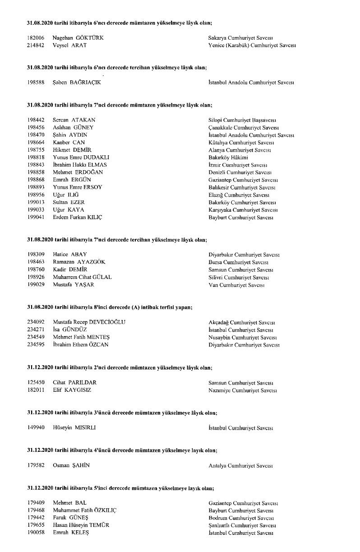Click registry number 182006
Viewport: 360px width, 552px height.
point(36,38)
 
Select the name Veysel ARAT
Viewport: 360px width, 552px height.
point(69,46)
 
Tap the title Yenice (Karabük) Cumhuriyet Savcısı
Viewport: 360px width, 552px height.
point(252,46)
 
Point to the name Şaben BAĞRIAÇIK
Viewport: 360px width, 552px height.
point(77,83)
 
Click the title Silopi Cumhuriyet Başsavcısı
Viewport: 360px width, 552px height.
point(242,120)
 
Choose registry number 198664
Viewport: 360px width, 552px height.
point(36,143)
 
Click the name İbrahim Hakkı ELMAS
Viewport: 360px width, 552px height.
point(80,165)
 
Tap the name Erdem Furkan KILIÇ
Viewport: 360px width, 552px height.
point(78,218)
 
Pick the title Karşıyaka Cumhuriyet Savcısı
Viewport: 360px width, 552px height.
point(243,210)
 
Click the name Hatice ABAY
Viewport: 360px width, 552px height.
point(70,255)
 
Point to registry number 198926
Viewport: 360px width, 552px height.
point(36,277)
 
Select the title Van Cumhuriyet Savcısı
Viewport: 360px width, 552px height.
point(236,285)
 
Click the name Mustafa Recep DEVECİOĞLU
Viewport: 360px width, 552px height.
point(89,322)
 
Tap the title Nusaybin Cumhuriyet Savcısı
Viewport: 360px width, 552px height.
point(242,337)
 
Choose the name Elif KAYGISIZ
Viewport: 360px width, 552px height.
point(72,390)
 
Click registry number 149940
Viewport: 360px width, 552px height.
point(36,427)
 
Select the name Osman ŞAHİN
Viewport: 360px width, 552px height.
point(71,465)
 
